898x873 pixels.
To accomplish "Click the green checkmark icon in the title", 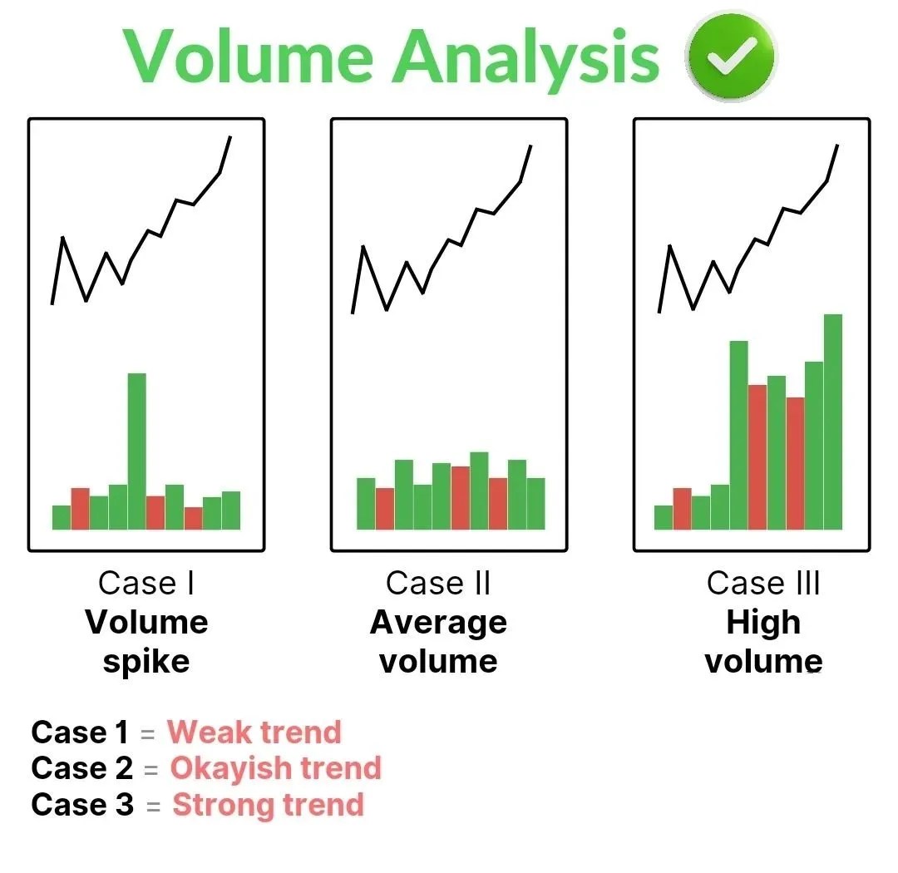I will (x=731, y=57).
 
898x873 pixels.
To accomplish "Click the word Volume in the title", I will (x=250, y=57).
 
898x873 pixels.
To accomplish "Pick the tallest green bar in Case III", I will (x=832, y=421).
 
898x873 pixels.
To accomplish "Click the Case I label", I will (x=146, y=583).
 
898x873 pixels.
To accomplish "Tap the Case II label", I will (x=438, y=583).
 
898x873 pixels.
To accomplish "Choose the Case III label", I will (x=762, y=583).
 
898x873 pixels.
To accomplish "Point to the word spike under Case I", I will (x=146, y=662).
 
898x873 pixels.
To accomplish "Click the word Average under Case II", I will (x=438, y=622).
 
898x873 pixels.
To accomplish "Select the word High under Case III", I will (x=762, y=622).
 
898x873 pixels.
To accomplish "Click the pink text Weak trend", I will (x=254, y=732).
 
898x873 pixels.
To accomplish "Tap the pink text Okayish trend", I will (x=275, y=768).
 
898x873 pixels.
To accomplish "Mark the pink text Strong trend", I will (x=268, y=805).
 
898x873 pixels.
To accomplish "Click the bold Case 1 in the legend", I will (x=80, y=732).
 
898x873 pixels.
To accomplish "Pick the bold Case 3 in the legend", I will (x=81, y=805).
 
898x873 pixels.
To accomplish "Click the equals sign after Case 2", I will (x=150, y=770).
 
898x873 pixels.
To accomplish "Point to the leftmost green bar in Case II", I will (x=366, y=503).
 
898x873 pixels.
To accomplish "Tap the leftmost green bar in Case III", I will (x=663, y=517).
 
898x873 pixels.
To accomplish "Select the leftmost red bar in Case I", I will (x=80, y=508).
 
